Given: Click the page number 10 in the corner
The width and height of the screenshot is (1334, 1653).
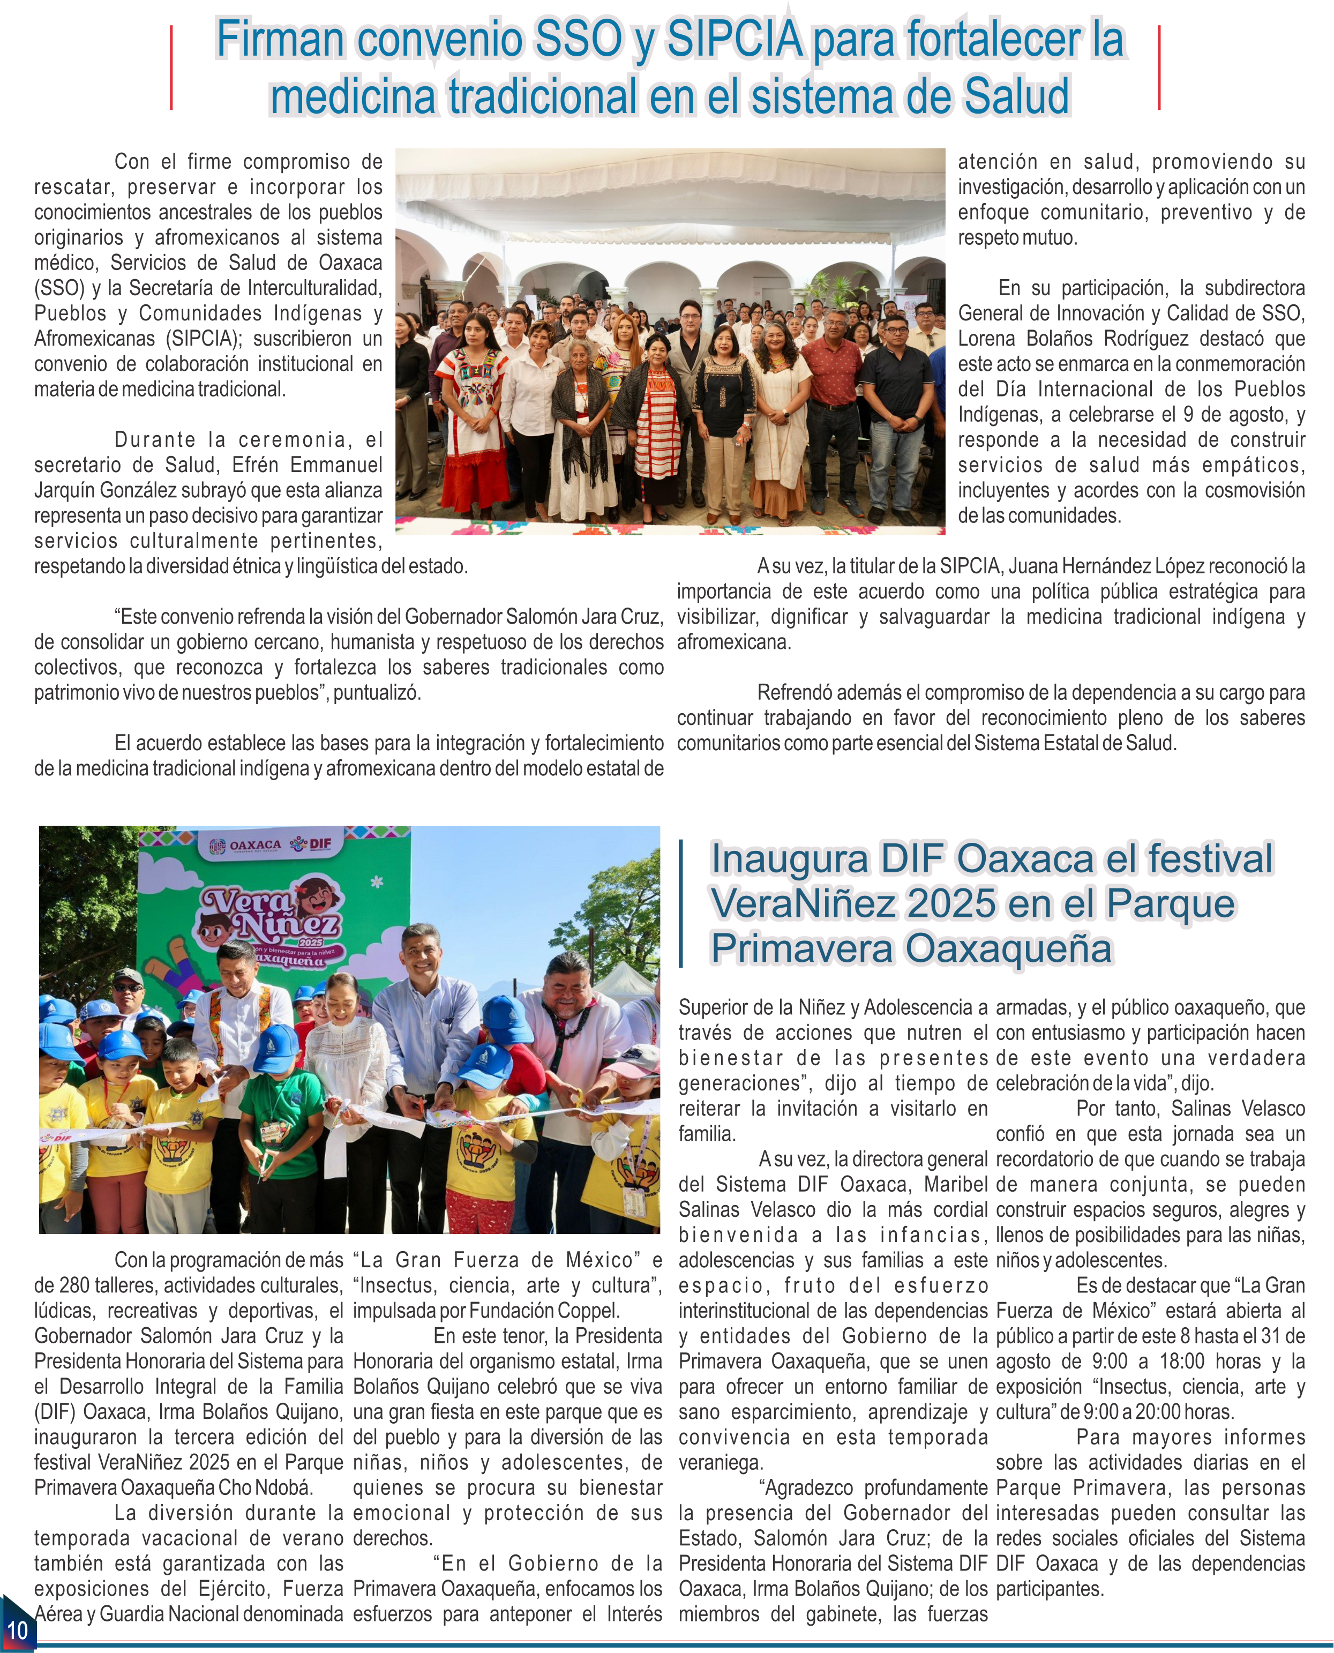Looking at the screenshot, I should coord(17,1629).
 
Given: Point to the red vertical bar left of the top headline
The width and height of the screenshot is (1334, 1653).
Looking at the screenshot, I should coord(170,68).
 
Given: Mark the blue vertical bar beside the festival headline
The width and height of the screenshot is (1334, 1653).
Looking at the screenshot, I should coord(681,903).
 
